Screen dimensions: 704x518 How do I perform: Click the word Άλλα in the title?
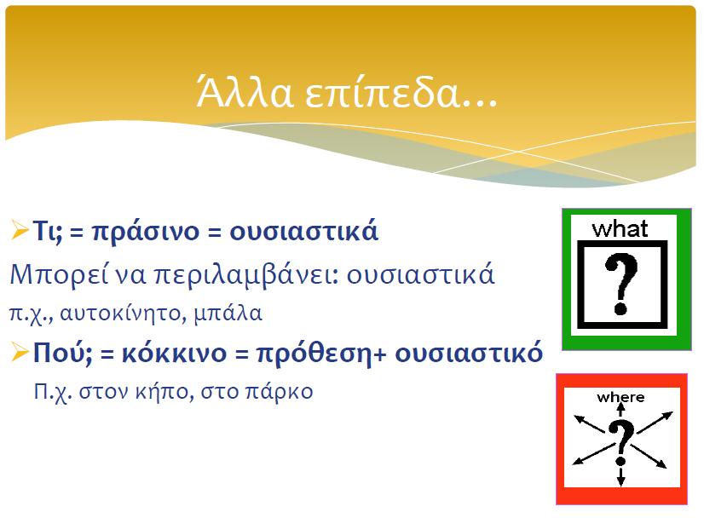pyautogui.click(x=245, y=91)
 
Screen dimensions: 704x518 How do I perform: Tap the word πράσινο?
pyautogui.click(x=146, y=232)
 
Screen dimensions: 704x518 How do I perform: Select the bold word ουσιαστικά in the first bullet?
pyautogui.click(x=304, y=231)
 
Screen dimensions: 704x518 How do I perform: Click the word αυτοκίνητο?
pyautogui.click(x=123, y=313)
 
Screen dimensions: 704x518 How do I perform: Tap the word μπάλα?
pyautogui.click(x=228, y=314)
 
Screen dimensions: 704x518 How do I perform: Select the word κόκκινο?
pyautogui.click(x=174, y=353)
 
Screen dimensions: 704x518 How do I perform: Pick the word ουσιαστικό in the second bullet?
pyautogui.click(x=469, y=353)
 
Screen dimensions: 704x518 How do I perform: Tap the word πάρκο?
pyautogui.click(x=279, y=392)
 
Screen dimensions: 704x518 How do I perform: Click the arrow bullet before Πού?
pyautogui.click(x=20, y=352)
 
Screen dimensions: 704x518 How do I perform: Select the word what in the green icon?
pyautogui.click(x=620, y=229)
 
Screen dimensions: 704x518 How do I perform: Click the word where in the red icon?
pyautogui.click(x=621, y=397)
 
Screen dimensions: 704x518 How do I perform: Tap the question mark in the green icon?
pyautogui.click(x=621, y=284)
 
